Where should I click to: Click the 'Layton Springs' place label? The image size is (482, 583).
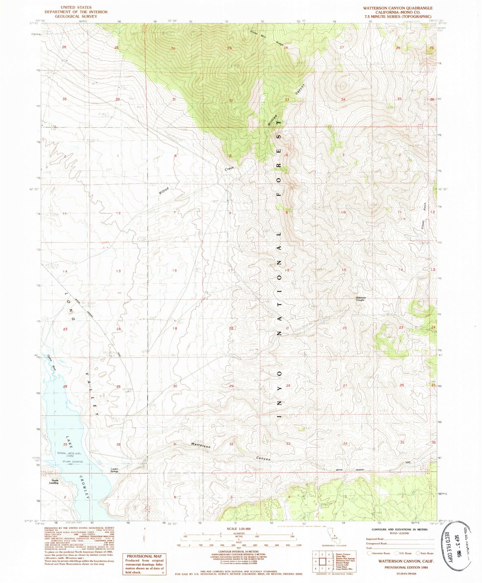[114, 470]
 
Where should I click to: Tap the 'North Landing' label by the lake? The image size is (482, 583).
[54, 481]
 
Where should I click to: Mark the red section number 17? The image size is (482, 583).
[230, 270]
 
